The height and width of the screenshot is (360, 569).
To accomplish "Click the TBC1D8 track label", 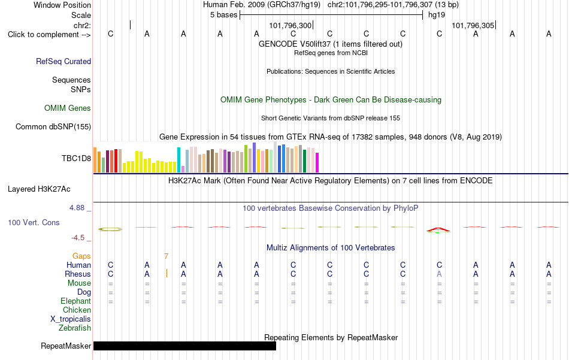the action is pos(76,158).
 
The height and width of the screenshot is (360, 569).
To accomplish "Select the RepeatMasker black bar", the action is pos(184,346).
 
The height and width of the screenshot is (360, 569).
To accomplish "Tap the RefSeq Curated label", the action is pos(63,61).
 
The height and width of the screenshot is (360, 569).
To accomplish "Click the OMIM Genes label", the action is pos(68,108).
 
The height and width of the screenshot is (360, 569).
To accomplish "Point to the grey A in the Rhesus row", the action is pos(439,274).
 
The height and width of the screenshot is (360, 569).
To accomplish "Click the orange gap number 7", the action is pos(166,256).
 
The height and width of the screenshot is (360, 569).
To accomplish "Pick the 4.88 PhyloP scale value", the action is pos(77,208).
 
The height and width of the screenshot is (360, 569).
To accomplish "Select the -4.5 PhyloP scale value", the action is pos(78,238).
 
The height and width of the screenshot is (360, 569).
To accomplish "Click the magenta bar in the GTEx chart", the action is pos(317,162).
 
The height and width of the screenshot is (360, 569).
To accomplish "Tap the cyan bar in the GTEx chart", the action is pos(178,160).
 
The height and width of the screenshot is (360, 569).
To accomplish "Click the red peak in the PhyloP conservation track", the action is pos(438,229).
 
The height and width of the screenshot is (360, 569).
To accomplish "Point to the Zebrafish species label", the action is pos(75,328).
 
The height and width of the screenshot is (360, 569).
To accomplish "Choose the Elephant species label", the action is pos(76,301).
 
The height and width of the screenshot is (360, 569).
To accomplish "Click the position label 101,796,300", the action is pos(290,25).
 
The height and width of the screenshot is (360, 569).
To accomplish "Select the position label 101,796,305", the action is pos(473,25).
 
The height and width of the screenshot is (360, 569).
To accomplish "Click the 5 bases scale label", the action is pos(223,15).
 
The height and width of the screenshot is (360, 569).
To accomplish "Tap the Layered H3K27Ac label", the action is pos(39,189).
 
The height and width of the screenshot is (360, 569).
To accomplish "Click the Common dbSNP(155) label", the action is pos(53,126).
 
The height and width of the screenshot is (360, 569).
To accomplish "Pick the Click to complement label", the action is pos(49,35).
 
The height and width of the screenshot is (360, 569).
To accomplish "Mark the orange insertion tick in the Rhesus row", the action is pos(167,273).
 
